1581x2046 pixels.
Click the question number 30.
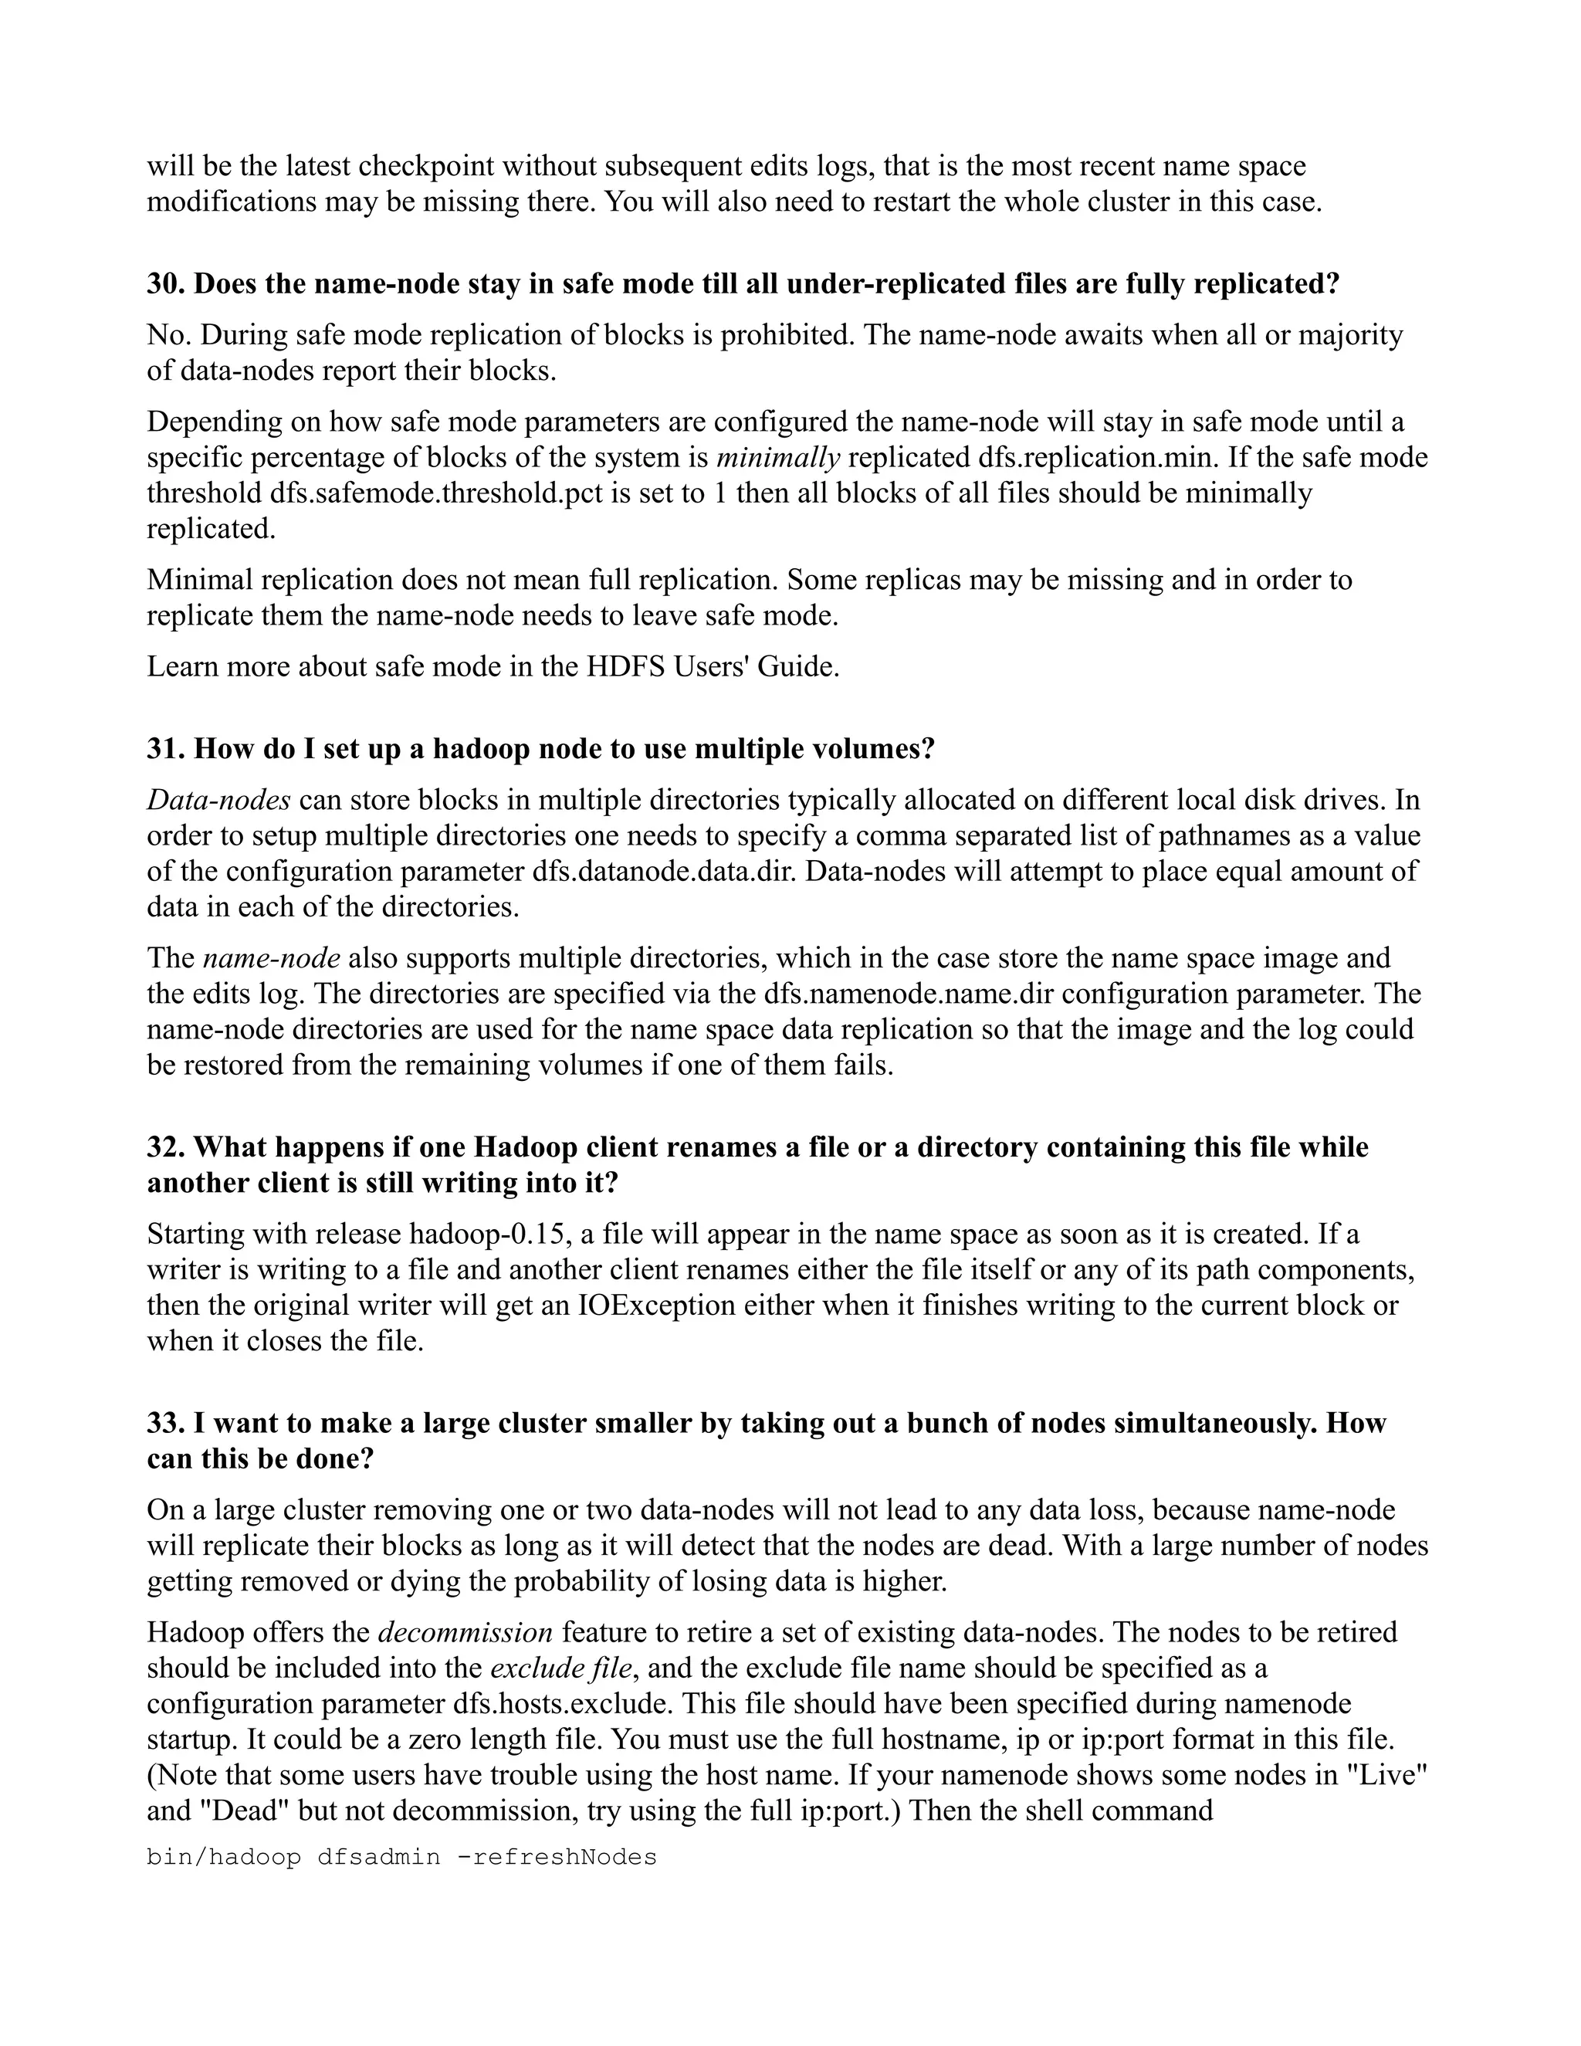click(x=165, y=284)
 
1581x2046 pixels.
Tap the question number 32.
click(x=165, y=1147)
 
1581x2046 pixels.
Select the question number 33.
click(x=165, y=1423)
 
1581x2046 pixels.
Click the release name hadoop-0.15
click(x=487, y=1235)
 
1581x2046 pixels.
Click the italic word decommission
click(x=465, y=1633)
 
